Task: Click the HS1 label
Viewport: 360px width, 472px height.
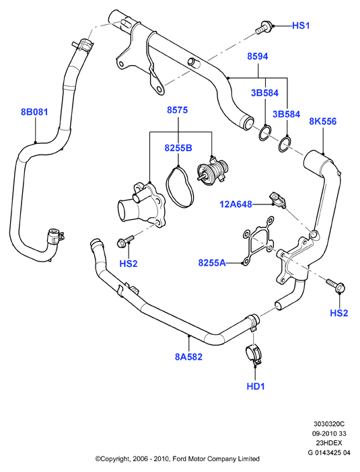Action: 301,26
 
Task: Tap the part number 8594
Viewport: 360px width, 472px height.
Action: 258,56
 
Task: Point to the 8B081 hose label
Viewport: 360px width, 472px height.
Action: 34,112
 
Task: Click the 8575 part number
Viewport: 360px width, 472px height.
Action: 178,110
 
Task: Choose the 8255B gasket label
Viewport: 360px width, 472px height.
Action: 178,148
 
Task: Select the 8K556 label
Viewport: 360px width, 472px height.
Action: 322,121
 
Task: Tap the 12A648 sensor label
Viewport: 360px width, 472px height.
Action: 236,204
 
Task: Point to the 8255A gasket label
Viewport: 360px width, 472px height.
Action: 212,263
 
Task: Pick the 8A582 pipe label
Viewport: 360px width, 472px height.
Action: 188,357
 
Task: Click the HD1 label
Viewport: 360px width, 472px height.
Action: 256,386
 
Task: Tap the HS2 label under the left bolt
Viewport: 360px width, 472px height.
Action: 129,264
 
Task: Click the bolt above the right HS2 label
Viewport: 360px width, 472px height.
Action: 336,285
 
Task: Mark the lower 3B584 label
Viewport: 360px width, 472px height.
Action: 286,114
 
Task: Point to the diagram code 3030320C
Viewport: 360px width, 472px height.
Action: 328,424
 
